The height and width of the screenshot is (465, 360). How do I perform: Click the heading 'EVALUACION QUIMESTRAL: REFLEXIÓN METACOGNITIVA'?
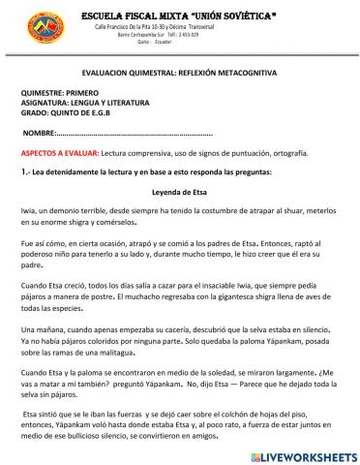point(181,74)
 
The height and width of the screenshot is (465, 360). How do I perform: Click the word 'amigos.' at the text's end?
point(221,436)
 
